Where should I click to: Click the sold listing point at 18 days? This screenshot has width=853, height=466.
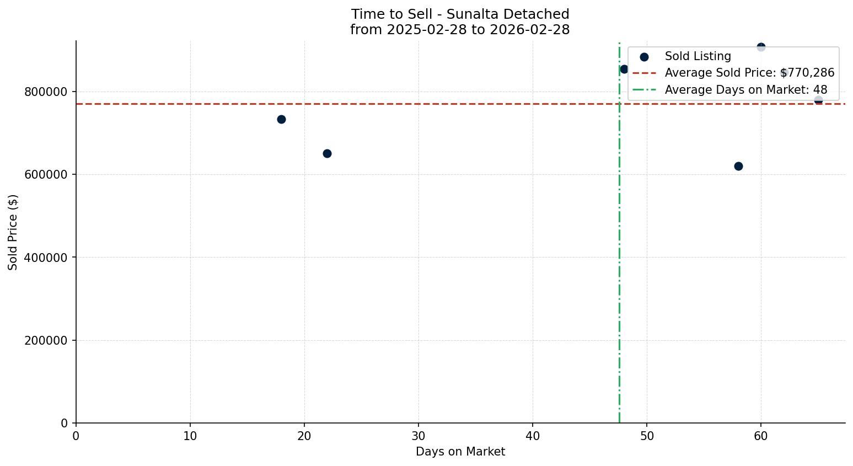pyautogui.click(x=281, y=119)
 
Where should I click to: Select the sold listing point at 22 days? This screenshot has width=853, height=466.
pyautogui.click(x=327, y=153)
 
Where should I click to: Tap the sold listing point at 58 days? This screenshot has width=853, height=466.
pyautogui.click(x=738, y=166)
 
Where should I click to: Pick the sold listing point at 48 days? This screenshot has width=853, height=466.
pyautogui.click(x=624, y=69)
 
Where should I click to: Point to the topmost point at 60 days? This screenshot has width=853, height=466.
pyautogui.click(x=761, y=47)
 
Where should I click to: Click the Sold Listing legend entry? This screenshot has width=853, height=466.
pyautogui.click(x=698, y=56)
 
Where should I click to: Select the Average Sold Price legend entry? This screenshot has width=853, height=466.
pyautogui.click(x=749, y=73)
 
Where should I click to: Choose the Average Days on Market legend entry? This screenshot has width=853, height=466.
pyautogui.click(x=745, y=90)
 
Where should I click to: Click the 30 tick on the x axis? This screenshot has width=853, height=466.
pyautogui.click(x=419, y=436)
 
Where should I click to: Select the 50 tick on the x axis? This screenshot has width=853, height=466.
pyautogui.click(x=647, y=436)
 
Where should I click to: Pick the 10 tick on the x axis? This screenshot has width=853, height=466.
pyautogui.click(x=190, y=436)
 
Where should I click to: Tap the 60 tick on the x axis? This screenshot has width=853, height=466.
pyautogui.click(x=761, y=436)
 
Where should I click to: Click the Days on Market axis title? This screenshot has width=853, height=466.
pyautogui.click(x=460, y=452)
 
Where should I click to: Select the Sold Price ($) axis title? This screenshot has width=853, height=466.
pyautogui.click(x=13, y=232)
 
